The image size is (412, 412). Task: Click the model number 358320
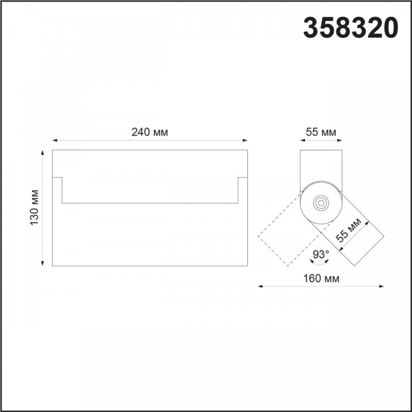pyautogui.click(x=351, y=28)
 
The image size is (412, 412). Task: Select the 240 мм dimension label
pyautogui.click(x=149, y=132)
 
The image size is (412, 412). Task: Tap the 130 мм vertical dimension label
pyautogui.click(x=34, y=208)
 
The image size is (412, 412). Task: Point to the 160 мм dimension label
pyautogui.click(x=321, y=278)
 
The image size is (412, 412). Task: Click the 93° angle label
pyautogui.click(x=321, y=254)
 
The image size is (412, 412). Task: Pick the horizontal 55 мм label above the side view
pyautogui.click(x=321, y=132)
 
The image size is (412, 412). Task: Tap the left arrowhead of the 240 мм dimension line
pyautogui.click(x=55, y=140)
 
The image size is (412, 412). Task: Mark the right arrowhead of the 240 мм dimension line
pyautogui.click(x=245, y=140)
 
